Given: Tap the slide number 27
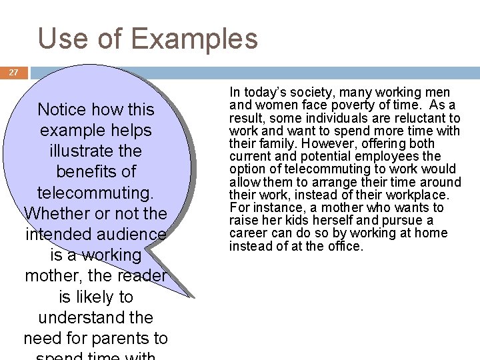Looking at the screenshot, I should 14,73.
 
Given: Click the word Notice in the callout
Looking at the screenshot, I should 61,109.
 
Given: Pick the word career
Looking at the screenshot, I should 246,233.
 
